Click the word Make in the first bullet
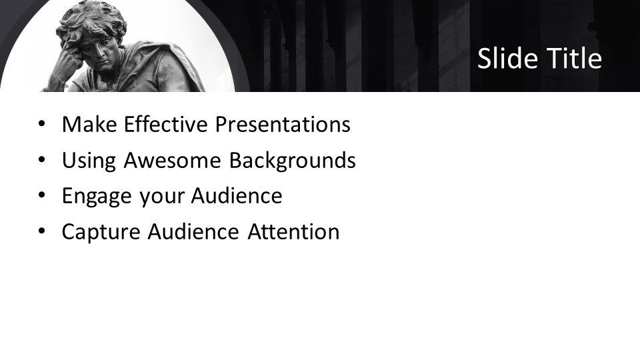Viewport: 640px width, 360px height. tap(89, 124)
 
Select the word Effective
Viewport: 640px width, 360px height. tap(166, 124)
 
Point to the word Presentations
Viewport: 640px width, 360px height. tap(283, 124)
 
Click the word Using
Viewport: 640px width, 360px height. tap(89, 161)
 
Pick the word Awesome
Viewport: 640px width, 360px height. tap(172, 160)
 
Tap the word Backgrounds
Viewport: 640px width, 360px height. tap(292, 160)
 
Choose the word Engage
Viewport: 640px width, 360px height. tap(97, 196)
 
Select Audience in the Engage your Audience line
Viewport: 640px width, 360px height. tap(237, 195)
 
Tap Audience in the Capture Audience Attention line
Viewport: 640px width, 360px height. tap(193, 231)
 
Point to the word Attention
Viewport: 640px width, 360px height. tap(293, 231)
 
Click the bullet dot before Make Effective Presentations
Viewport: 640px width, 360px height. tap(41, 124)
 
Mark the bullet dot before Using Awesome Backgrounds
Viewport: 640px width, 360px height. tap(41, 159)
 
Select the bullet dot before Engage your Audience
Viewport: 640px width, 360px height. tap(41, 195)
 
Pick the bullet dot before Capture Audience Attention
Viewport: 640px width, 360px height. tap(41, 231)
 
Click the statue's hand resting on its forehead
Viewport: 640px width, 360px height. tap(68, 59)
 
